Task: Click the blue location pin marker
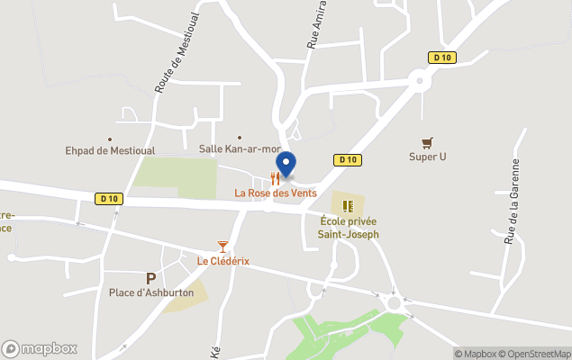pyautogui.click(x=286, y=165)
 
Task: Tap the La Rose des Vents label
pyautogui.click(x=276, y=193)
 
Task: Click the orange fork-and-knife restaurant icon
pyautogui.click(x=275, y=179)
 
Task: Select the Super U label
pyautogui.click(x=428, y=157)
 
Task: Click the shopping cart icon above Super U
pyautogui.click(x=428, y=142)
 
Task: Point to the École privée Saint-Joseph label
pyautogui.click(x=349, y=228)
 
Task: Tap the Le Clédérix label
pyautogui.click(x=223, y=261)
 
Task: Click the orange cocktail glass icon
pyautogui.click(x=222, y=246)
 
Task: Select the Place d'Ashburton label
pyautogui.click(x=150, y=292)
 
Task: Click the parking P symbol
pyautogui.click(x=150, y=278)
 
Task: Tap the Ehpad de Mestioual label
pyautogui.click(x=110, y=151)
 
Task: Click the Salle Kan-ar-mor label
pyautogui.click(x=240, y=148)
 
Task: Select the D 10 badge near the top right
pyautogui.click(x=440, y=58)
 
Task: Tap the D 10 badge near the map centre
pyautogui.click(x=349, y=160)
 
